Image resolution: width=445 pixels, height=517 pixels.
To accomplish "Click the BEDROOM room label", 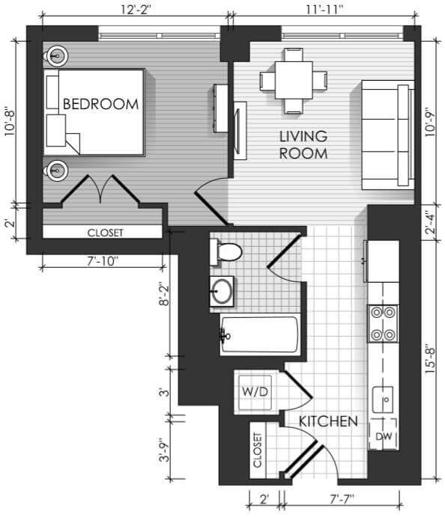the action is tap(100, 104).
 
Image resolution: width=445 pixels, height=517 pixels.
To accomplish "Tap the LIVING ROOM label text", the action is tap(303, 145).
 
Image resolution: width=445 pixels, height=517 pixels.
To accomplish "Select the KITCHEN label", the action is tap(328, 421).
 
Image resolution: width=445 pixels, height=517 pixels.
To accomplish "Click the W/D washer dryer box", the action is tap(255, 392).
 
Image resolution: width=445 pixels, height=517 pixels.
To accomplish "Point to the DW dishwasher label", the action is tap(384, 436).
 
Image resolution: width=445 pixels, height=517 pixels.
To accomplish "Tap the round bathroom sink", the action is tap(222, 291).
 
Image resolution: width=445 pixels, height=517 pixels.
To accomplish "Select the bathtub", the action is tap(260, 334).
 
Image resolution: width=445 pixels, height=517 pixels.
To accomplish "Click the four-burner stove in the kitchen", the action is tap(383, 323).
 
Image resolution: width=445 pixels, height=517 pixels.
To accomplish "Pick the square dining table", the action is tap(294, 80).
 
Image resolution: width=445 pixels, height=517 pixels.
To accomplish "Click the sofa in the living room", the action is tap(388, 135).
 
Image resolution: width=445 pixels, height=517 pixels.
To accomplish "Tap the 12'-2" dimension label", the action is tap(136, 10).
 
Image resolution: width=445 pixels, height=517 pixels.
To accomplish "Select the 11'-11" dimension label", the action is tap(324, 10).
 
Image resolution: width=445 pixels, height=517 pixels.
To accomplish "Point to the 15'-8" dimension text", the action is tap(430, 361).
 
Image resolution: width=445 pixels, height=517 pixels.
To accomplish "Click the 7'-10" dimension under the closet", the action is tap(103, 261).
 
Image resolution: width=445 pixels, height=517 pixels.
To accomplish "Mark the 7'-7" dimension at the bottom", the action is tap(342, 499).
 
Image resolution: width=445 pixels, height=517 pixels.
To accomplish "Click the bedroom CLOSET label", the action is tap(106, 233).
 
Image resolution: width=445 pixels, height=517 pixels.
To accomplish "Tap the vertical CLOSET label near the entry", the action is tap(258, 450).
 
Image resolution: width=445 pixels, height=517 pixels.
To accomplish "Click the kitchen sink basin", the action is tap(383, 400).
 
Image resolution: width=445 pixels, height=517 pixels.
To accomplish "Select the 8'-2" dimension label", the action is tap(164, 293).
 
